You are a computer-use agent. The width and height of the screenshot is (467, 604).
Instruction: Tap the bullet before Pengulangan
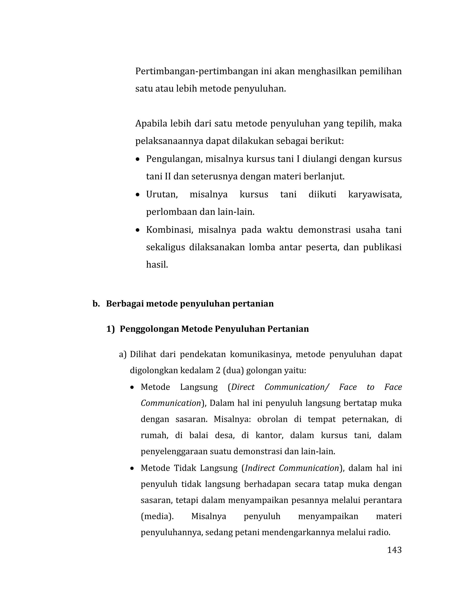coord(138,160)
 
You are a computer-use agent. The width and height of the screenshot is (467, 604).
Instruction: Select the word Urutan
coord(162,194)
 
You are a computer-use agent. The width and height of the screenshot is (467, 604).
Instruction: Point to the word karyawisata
coord(375,194)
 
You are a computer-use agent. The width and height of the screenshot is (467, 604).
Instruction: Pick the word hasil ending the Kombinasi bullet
coord(157,265)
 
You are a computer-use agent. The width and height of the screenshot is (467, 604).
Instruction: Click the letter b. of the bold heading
coord(96,304)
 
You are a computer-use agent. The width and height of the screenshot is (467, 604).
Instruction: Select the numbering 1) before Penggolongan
coord(110,329)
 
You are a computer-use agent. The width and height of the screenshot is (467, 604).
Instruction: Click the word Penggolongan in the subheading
coord(149,329)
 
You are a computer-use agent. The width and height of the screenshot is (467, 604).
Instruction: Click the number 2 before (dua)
coord(218,370)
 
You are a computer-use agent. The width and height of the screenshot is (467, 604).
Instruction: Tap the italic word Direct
coord(243,387)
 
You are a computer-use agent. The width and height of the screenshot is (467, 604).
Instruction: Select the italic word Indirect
coord(260,468)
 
